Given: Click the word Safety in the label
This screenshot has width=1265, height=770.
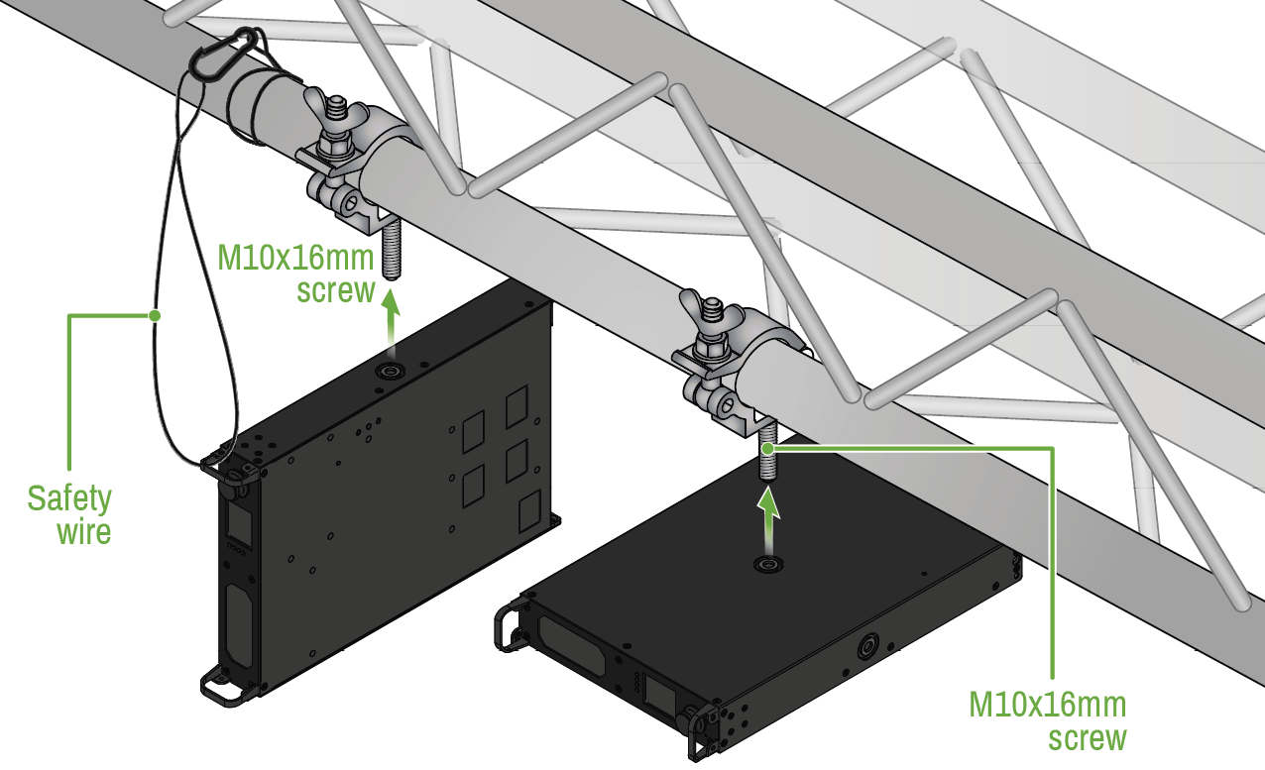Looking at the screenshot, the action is [x=69, y=498].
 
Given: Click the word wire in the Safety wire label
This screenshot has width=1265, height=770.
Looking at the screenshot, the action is [x=84, y=532].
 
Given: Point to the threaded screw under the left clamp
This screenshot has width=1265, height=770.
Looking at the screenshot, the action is [x=391, y=250].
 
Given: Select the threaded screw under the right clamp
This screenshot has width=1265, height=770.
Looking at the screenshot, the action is [x=767, y=453].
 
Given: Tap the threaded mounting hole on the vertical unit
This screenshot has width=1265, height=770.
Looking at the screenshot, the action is [x=390, y=372].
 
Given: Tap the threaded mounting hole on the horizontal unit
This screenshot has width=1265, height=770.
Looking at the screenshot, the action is [x=768, y=564].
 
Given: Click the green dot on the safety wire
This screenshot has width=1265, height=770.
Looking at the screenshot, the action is [x=155, y=315].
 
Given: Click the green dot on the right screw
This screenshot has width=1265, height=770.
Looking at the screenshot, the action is [x=768, y=449].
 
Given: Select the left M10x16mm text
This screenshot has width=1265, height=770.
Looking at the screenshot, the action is [x=295, y=258].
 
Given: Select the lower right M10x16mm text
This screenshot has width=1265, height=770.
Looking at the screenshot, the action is [x=1048, y=705].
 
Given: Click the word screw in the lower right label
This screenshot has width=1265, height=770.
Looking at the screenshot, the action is [x=1088, y=738].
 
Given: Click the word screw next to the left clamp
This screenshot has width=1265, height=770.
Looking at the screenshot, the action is [x=336, y=290].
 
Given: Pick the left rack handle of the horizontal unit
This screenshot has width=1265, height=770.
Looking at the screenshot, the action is [x=509, y=625].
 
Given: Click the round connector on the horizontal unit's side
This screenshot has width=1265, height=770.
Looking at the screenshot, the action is [x=866, y=647].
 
